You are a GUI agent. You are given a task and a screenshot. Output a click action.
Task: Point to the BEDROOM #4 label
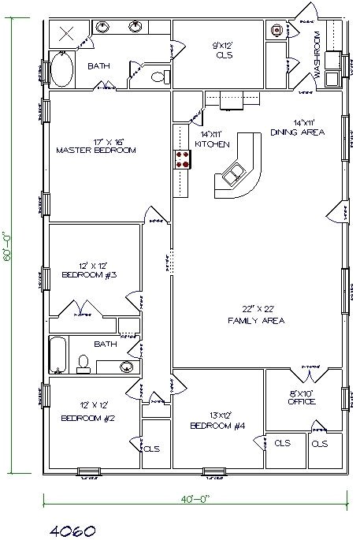(218, 426)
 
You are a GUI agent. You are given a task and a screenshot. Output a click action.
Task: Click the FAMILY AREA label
(256, 321)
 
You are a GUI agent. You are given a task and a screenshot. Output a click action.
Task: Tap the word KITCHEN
(212, 145)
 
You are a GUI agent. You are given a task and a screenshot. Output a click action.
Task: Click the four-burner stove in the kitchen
(183, 160)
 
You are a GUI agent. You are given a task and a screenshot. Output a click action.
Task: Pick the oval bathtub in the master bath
(61, 70)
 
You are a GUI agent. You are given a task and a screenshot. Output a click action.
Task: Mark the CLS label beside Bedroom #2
(151, 449)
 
